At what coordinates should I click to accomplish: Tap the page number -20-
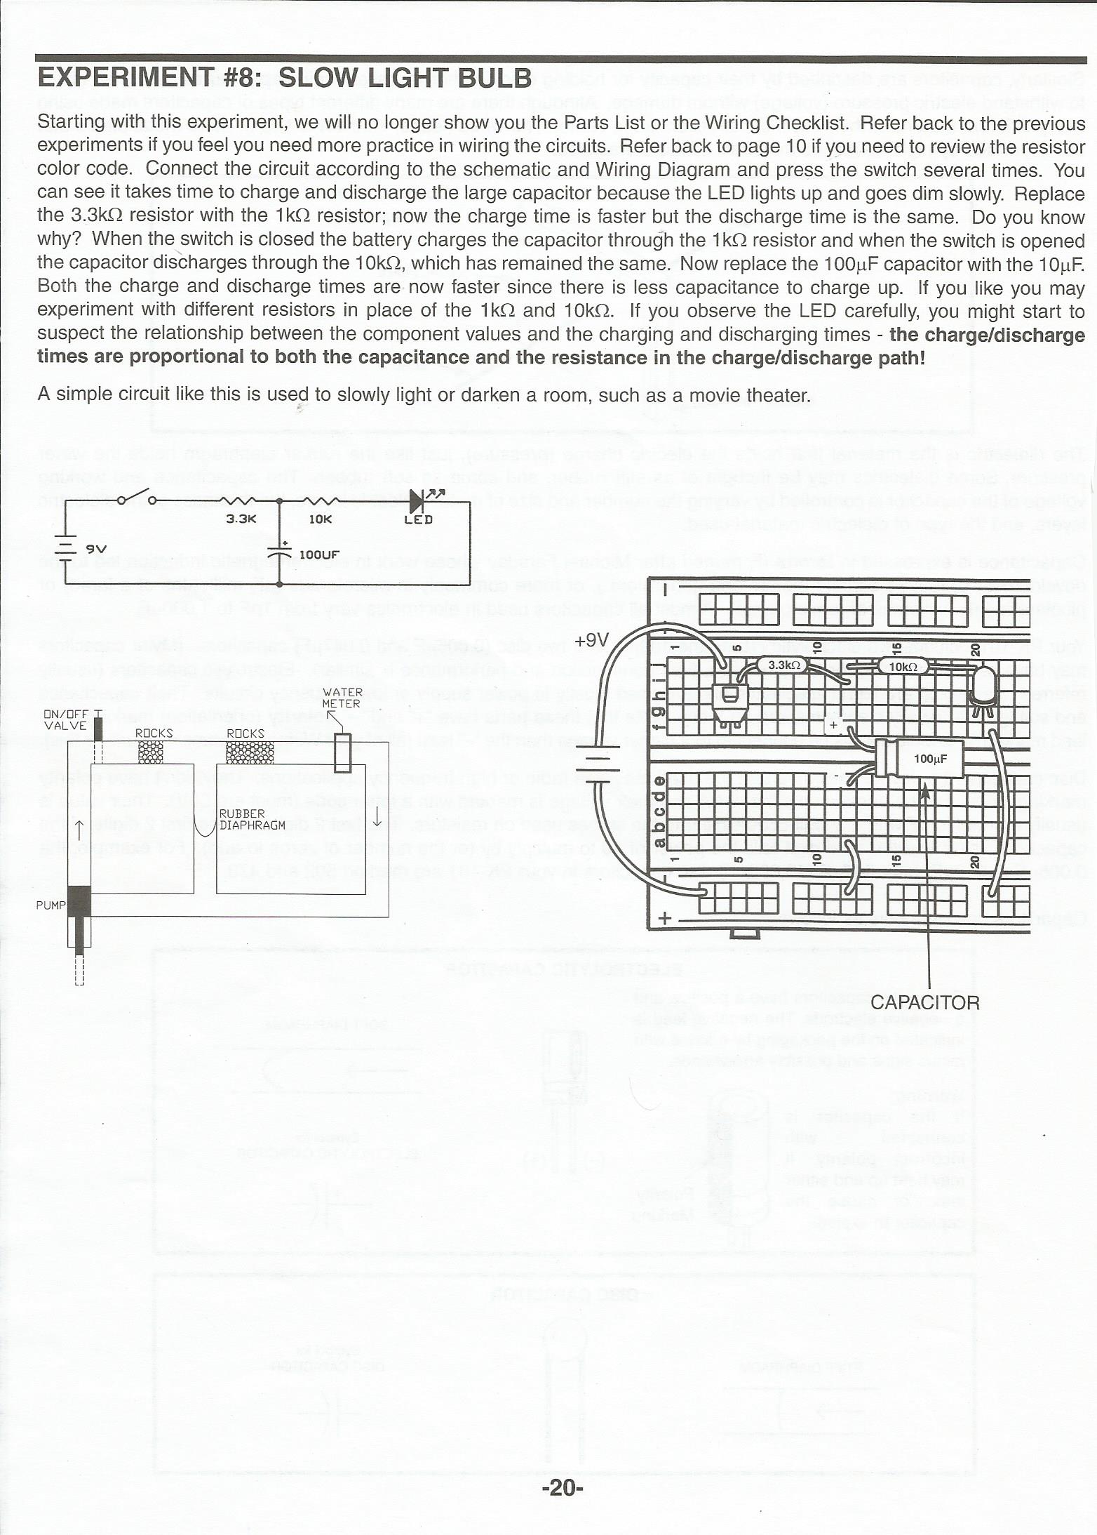click(562, 1485)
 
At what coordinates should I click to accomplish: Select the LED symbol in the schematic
click(419, 501)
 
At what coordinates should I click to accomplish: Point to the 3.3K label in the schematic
click(241, 520)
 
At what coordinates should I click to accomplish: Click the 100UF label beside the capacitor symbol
click(319, 554)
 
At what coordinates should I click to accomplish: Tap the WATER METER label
click(342, 698)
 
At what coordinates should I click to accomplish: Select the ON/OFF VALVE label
click(66, 720)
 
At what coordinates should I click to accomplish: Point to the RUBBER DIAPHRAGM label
click(252, 819)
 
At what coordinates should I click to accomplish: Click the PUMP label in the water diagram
click(51, 905)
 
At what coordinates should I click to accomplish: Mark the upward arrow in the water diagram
click(79, 830)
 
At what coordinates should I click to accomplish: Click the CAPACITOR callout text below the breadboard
click(924, 1002)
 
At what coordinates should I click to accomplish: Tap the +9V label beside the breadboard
click(591, 640)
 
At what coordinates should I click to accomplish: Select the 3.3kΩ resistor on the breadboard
click(784, 665)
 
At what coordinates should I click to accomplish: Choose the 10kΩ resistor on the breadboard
click(903, 666)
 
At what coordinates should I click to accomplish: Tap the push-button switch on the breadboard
click(727, 697)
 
